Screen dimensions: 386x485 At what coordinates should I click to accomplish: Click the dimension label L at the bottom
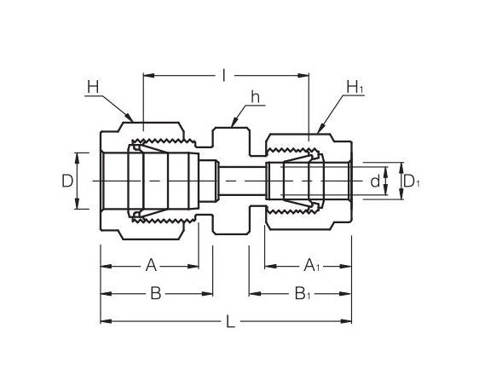tap(231, 321)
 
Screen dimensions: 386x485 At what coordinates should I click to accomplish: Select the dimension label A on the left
tap(151, 266)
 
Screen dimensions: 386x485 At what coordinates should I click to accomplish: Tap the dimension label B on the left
tap(155, 293)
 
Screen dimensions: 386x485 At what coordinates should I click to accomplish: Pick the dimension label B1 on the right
tap(303, 293)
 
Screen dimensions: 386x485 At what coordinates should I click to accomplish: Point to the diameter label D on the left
tap(66, 181)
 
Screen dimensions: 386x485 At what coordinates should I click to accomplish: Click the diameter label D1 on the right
tap(412, 181)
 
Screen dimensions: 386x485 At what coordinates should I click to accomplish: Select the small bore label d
tap(373, 181)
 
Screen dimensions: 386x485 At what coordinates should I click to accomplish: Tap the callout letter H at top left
tap(91, 86)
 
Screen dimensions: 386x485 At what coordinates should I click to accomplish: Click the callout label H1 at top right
tap(355, 87)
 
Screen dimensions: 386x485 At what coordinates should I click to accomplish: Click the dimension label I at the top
tap(223, 76)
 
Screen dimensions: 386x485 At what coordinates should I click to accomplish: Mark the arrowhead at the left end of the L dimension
tap(104, 321)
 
